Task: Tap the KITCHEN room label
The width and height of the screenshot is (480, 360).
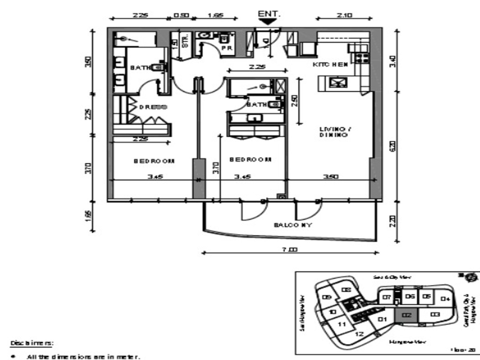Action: point(330,64)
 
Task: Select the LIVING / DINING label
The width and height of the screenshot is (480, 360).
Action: point(332,132)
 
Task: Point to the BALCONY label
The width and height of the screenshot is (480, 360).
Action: point(293,225)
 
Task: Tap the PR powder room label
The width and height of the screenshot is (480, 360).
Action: point(227,48)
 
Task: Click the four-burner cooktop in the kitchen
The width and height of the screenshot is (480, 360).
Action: point(362,58)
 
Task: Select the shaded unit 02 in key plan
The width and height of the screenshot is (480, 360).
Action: point(406,316)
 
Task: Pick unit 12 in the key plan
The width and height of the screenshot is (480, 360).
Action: point(359,334)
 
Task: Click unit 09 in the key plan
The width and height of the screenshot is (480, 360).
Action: point(327,297)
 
